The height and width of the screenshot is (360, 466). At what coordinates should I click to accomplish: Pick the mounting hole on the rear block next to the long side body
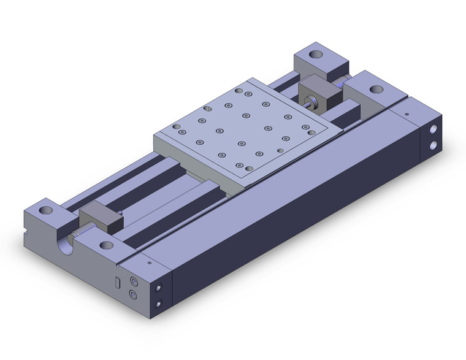[x=374, y=88]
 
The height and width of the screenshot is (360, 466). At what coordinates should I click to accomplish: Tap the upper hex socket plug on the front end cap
[x=134, y=281]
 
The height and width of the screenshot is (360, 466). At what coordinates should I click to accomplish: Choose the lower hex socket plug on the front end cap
[x=134, y=296]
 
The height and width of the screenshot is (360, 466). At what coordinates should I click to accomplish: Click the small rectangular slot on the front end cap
[x=118, y=282]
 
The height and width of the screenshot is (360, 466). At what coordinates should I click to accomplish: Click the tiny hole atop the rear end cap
[x=406, y=113]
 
